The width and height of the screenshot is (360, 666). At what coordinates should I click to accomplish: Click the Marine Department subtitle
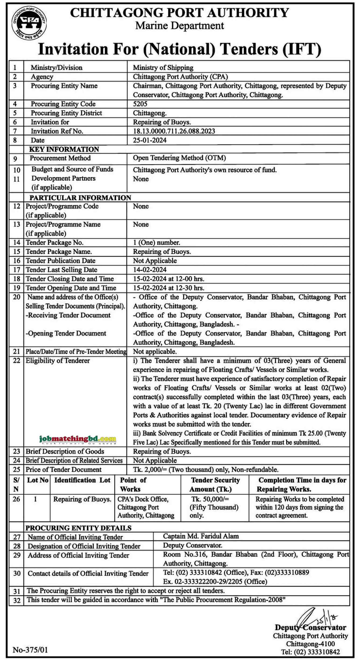pyautogui.click(x=180, y=26)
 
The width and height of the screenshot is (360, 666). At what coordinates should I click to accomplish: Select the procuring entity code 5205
pyautogui.click(x=140, y=104)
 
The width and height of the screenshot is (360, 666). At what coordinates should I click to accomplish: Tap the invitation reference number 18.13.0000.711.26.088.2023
pyautogui.click(x=174, y=131)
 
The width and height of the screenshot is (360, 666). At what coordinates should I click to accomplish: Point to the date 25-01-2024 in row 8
pyautogui.click(x=150, y=140)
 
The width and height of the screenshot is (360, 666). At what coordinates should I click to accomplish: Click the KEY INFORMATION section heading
pyautogui.click(x=64, y=149)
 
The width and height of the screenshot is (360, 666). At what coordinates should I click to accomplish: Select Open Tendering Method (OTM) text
pyautogui.click(x=179, y=158)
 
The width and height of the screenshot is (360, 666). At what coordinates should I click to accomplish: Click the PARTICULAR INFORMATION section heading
pyautogui.click(x=80, y=198)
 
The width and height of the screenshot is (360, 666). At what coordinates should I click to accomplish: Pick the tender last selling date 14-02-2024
pyautogui.click(x=150, y=270)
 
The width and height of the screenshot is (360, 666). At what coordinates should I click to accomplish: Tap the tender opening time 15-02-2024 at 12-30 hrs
pyautogui.click(x=168, y=288)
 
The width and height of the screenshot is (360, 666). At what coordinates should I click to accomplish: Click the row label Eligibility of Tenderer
pyautogui.click(x=58, y=361)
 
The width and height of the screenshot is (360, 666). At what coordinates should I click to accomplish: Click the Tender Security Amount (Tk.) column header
pyautogui.click(x=215, y=484)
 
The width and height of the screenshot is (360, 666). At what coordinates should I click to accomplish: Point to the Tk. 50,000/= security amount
pyautogui.click(x=210, y=499)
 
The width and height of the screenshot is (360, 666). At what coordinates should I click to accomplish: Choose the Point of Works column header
pyautogui.click(x=133, y=484)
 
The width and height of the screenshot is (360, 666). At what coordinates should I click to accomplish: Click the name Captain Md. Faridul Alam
pyautogui.click(x=201, y=536)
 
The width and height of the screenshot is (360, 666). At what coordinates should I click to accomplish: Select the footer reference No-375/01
pyautogui.click(x=30, y=650)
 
